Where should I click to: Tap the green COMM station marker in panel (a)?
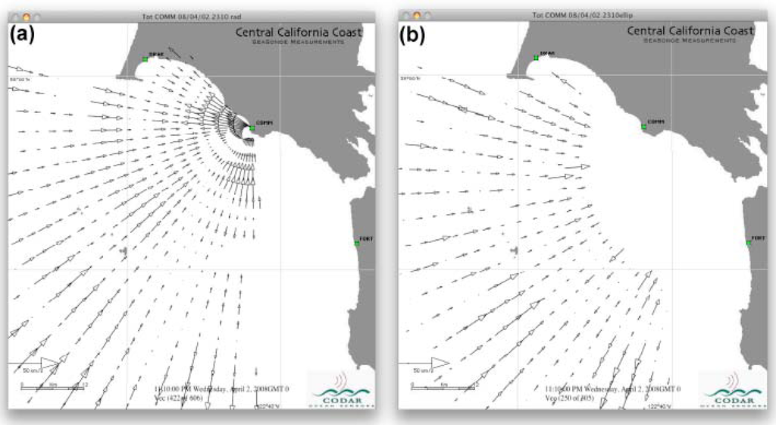252,128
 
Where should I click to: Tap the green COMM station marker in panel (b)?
644,127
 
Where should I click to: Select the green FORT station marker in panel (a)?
358,243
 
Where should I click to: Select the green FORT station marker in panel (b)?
749,243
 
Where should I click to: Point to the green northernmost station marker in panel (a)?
145,58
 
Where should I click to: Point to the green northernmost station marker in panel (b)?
536,58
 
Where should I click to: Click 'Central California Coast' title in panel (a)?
299,32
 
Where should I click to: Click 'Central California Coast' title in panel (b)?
690,31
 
